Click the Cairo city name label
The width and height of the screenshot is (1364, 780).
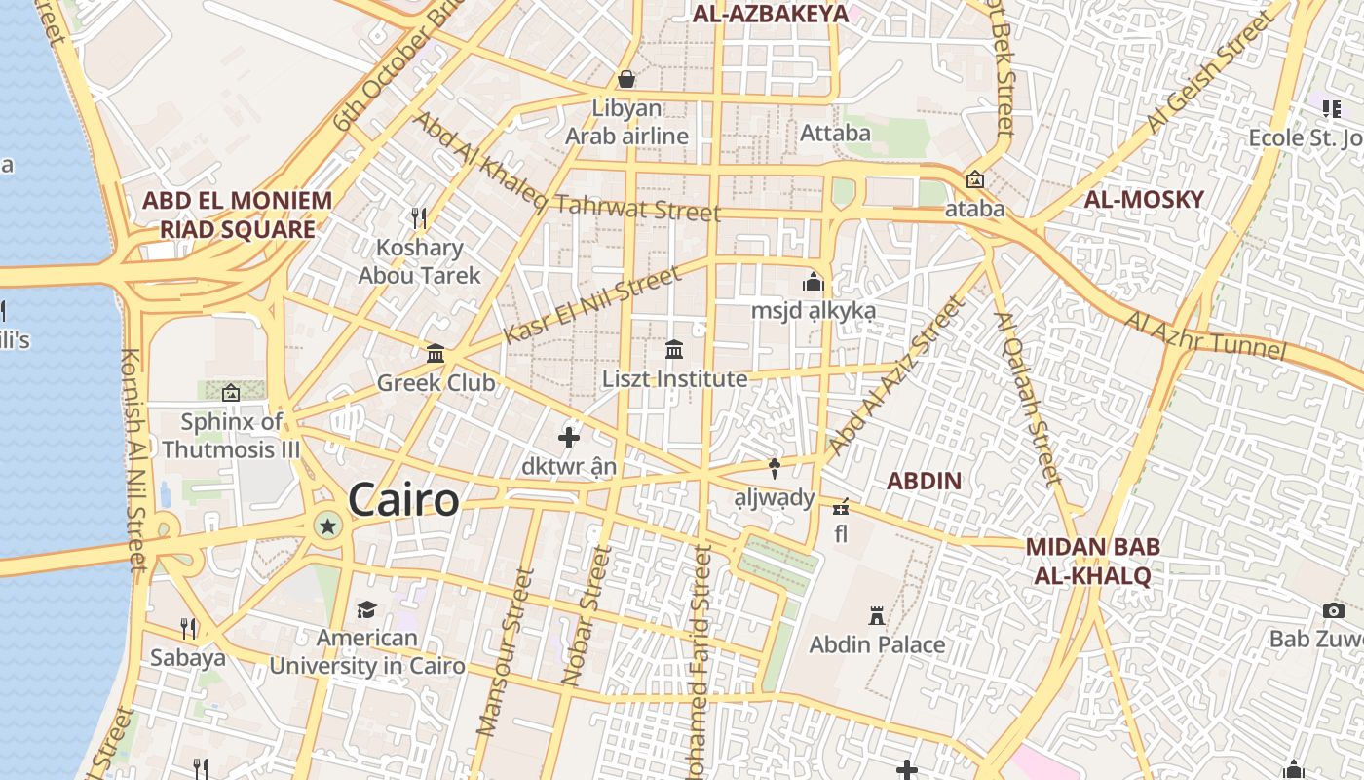(402, 500)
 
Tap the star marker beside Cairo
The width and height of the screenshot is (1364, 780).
(328, 527)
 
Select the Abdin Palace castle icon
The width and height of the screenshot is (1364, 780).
(877, 616)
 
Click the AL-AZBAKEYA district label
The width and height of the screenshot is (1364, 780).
(771, 14)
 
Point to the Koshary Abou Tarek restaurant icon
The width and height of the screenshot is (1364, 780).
(419, 216)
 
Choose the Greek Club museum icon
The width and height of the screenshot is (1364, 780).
(436, 353)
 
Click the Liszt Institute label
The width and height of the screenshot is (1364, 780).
(674, 378)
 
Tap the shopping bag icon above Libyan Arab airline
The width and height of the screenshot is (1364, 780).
(626, 78)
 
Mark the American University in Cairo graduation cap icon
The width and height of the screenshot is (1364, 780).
(366, 609)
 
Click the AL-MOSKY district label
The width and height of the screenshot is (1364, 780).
(1145, 200)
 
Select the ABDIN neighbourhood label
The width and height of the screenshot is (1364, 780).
(925, 481)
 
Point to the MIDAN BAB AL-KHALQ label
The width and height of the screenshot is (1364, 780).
(1092, 561)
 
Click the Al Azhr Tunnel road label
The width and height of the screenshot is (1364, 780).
(1206, 334)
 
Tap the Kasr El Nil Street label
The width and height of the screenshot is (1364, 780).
(592, 305)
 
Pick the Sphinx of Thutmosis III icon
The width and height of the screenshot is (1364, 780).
(231, 393)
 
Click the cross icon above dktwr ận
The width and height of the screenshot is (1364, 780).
(569, 438)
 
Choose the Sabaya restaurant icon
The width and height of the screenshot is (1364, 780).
(188, 628)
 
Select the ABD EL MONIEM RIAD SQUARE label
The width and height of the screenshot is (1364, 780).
(238, 214)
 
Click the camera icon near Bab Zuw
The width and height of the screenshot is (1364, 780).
(1334, 610)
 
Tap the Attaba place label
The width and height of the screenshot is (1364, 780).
(835, 133)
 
